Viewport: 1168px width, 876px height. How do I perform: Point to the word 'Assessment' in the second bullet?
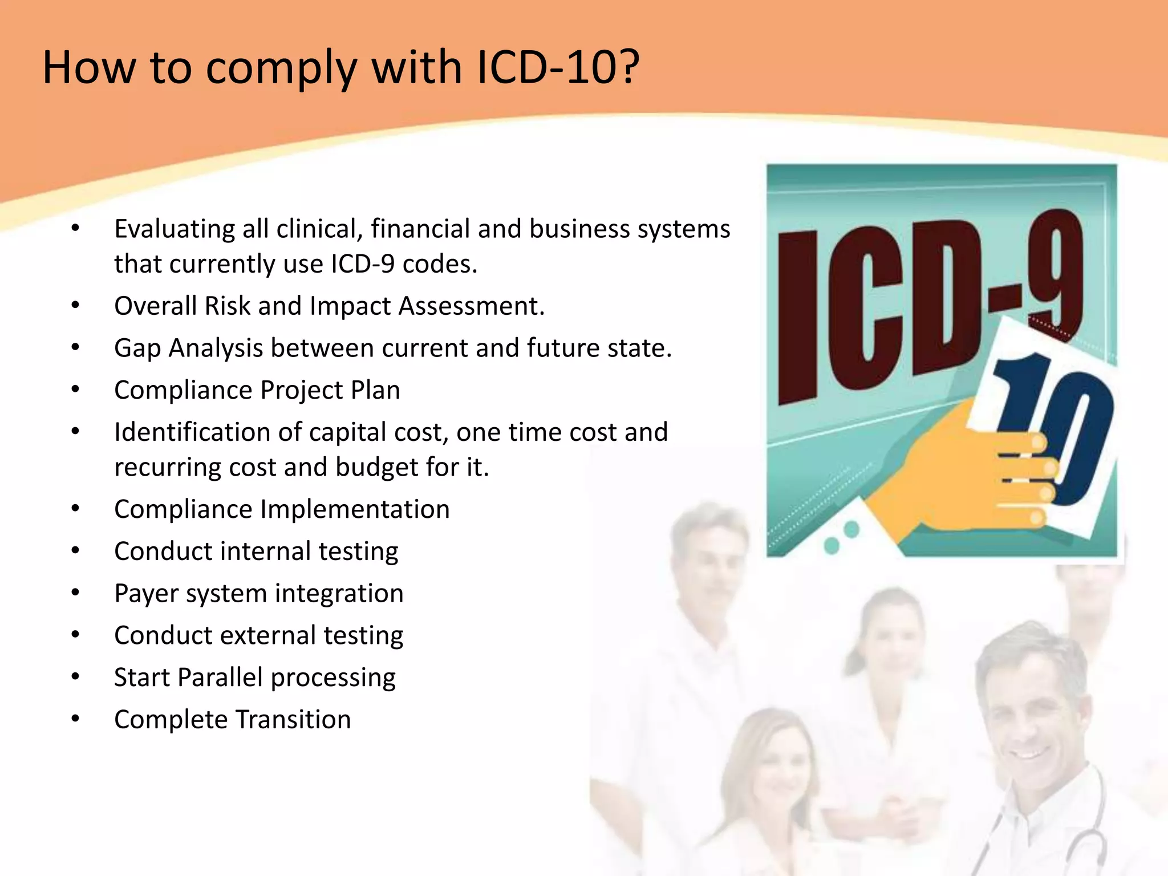coord(471,306)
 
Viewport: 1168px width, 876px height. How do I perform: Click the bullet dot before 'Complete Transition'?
coord(75,719)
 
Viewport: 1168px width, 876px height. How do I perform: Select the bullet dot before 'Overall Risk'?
coord(75,306)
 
